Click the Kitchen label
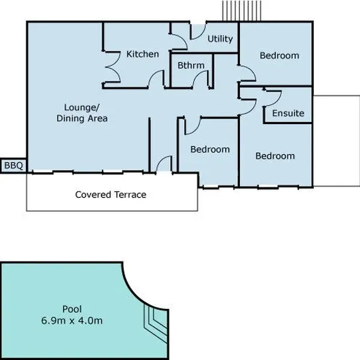[x=143, y=54]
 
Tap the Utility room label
[x=220, y=39]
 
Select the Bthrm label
[x=191, y=65]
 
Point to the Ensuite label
[x=288, y=113]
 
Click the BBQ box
[x=13, y=166]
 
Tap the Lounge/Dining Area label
[x=82, y=113]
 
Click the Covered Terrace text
[x=110, y=194]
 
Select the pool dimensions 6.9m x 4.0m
[x=72, y=320]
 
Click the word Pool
[x=72, y=309]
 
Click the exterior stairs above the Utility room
[x=242, y=11]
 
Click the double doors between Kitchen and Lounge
[x=113, y=67]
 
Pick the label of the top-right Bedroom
[x=280, y=56]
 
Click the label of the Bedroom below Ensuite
[x=275, y=156]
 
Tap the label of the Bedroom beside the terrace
[x=210, y=149]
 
